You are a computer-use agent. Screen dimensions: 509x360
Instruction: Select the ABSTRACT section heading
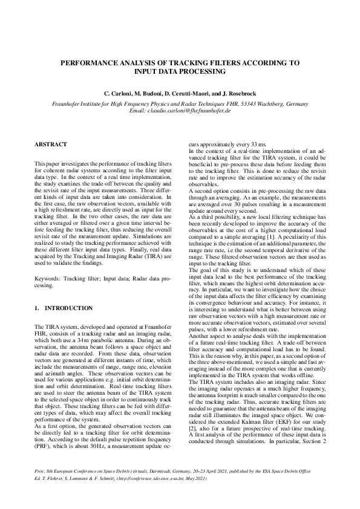pyautogui.click(x=51, y=144)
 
